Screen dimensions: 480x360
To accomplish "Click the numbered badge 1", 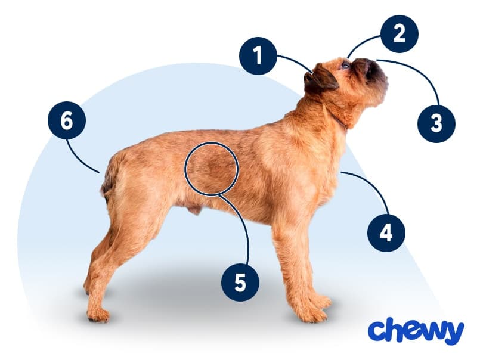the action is click(x=258, y=56).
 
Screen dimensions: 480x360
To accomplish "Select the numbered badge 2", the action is click(x=399, y=33).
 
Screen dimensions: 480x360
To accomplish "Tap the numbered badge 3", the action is click(x=436, y=123).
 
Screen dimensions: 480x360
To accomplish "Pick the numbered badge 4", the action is click(x=386, y=233).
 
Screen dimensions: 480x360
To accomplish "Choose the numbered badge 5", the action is click(x=240, y=283).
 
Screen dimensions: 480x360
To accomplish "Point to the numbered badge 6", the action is click(x=67, y=120).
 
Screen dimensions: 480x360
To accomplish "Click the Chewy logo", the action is click(x=416, y=331).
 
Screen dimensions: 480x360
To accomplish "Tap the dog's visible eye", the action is click(x=345, y=65).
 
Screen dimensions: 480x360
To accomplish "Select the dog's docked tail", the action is click(x=108, y=181).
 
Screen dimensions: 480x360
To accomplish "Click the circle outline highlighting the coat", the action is click(x=211, y=142).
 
